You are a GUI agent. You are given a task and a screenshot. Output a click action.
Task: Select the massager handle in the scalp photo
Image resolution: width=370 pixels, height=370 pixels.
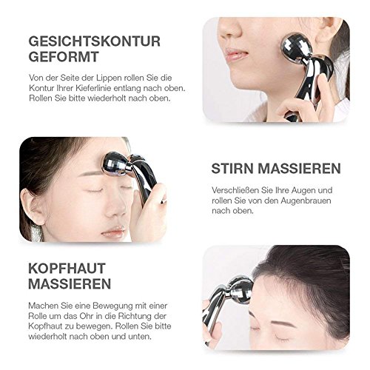click(215, 326)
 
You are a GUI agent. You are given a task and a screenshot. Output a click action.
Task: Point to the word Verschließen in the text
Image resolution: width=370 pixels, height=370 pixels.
click(236, 189)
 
